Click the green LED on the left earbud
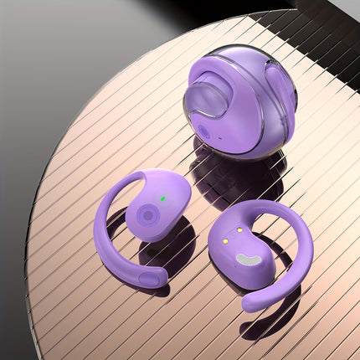(163, 198)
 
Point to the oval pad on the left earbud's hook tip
(151, 278)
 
